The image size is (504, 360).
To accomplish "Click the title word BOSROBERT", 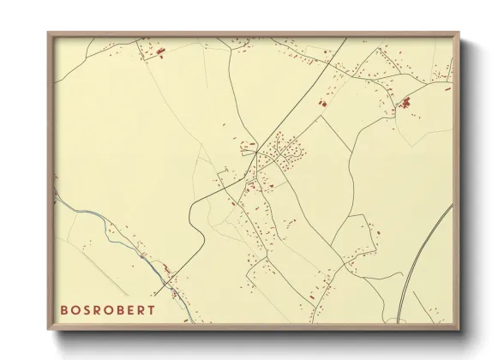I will (108, 309).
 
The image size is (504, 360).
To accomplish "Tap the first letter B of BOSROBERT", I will (64, 309).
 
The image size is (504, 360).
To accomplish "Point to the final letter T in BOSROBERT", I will (152, 309).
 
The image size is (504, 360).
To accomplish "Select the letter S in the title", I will (87, 309).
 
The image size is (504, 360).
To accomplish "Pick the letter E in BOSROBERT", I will (130, 309).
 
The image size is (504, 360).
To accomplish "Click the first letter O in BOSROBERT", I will (75, 309).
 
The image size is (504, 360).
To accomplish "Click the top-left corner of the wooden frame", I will (48, 33).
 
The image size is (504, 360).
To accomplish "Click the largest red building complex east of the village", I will (405, 105).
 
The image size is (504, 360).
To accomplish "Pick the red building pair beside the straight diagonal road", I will (323, 104).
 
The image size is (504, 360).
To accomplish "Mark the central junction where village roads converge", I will (256, 154).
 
